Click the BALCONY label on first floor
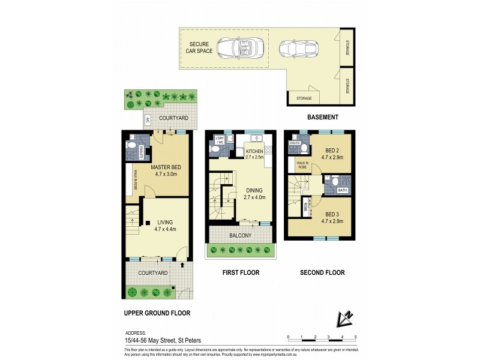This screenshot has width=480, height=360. point(241,236)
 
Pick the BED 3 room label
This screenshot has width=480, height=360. point(332,218)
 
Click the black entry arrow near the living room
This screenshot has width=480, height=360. point(182,263)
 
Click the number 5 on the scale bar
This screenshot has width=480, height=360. point(356,337)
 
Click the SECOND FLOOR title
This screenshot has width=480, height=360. point(322,272)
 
